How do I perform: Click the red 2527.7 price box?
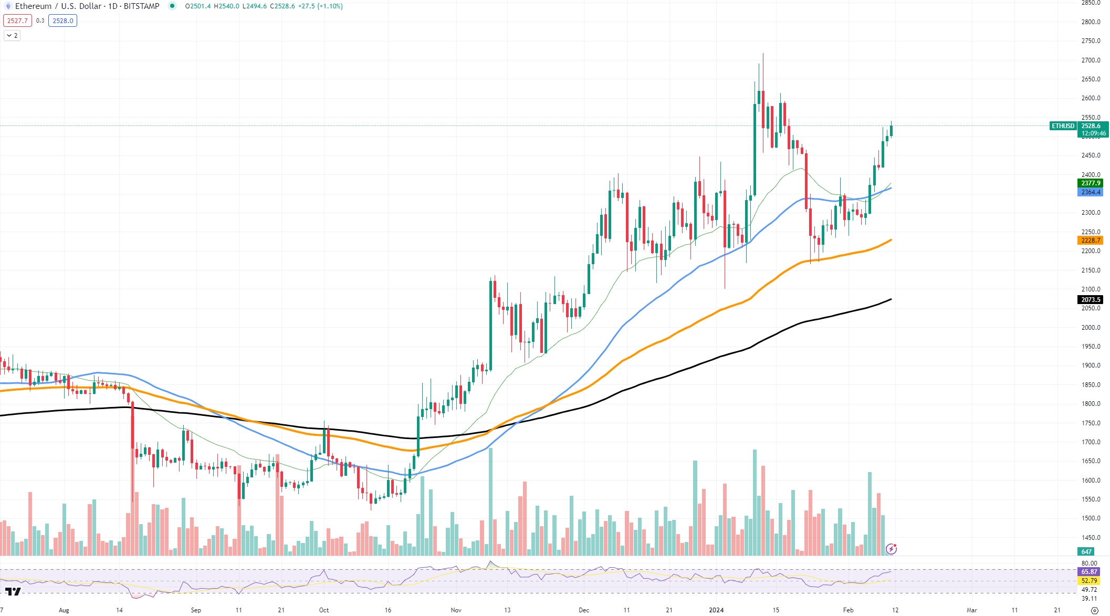click(17, 21)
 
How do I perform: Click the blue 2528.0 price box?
click(62, 21)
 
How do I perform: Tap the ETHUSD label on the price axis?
click(1063, 126)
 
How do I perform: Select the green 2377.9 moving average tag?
click(1090, 183)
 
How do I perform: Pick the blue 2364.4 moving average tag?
click(1090, 192)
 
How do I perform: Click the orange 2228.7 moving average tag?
click(1090, 241)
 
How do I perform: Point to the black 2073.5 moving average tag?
click(1090, 300)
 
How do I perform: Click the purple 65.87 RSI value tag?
click(1089, 572)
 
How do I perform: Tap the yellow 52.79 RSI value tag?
click(1089, 581)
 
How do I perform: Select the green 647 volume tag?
click(1086, 552)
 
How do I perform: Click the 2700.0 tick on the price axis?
click(1091, 60)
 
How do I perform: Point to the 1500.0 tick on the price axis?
click(1091, 518)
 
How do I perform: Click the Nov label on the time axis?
click(456, 610)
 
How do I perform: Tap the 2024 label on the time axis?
click(716, 610)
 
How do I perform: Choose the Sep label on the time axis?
click(196, 610)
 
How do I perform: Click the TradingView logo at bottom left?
click(13, 592)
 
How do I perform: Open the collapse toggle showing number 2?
click(12, 36)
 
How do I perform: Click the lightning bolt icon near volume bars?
click(891, 549)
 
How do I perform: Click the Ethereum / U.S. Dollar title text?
click(58, 6)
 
